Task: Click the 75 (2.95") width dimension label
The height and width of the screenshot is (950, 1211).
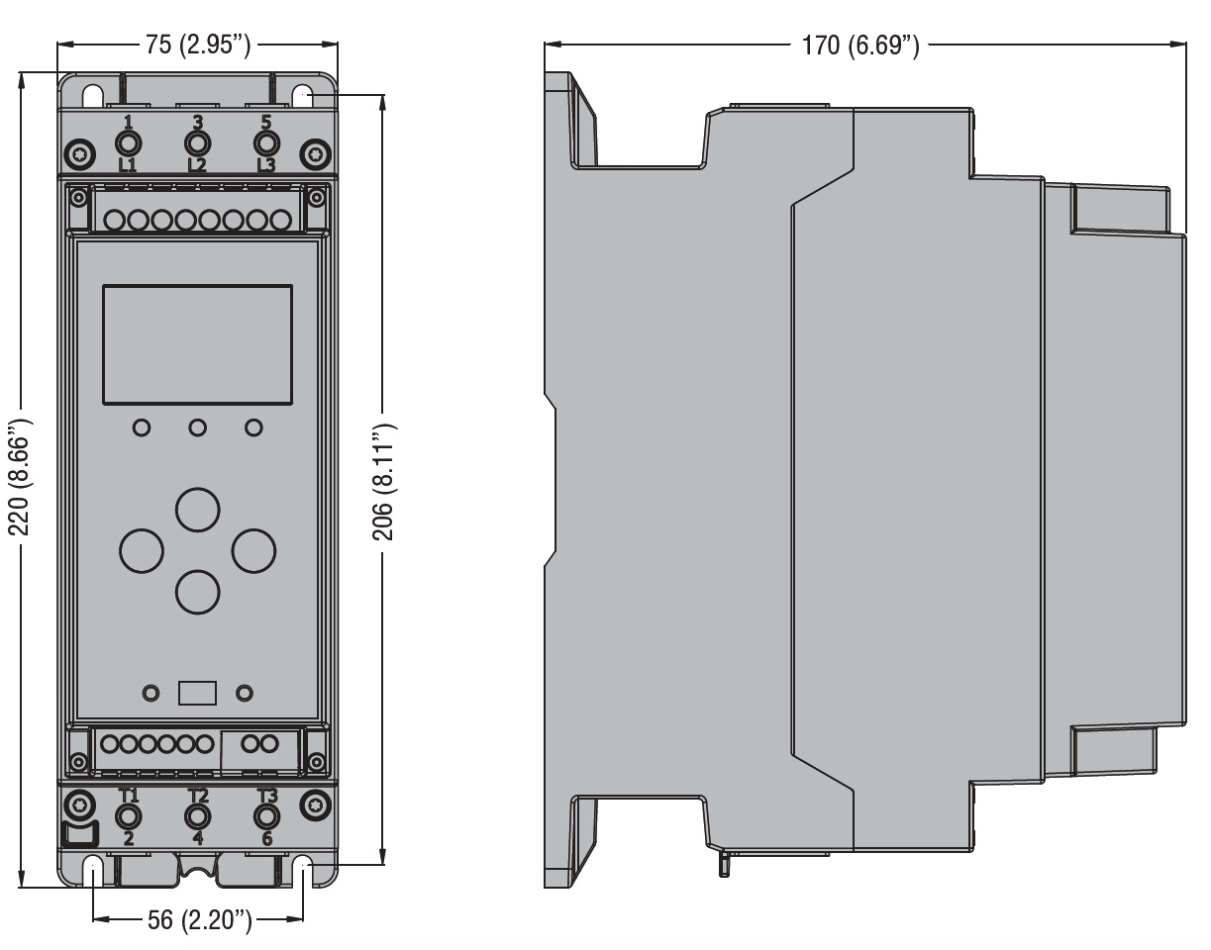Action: [x=198, y=45]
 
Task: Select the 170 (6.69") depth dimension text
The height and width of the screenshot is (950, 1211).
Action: [x=860, y=46]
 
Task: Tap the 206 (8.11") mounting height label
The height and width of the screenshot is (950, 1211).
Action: [x=383, y=482]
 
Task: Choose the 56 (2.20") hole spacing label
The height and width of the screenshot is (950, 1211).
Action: [x=199, y=919]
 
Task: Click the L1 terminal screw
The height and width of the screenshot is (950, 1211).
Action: [x=128, y=143]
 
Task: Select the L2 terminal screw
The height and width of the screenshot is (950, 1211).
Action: [x=198, y=143]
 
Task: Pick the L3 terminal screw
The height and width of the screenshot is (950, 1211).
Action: [x=266, y=143]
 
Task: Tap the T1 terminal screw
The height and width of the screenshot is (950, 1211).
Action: [x=128, y=817]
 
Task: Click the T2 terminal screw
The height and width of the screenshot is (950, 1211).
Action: [x=198, y=817]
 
